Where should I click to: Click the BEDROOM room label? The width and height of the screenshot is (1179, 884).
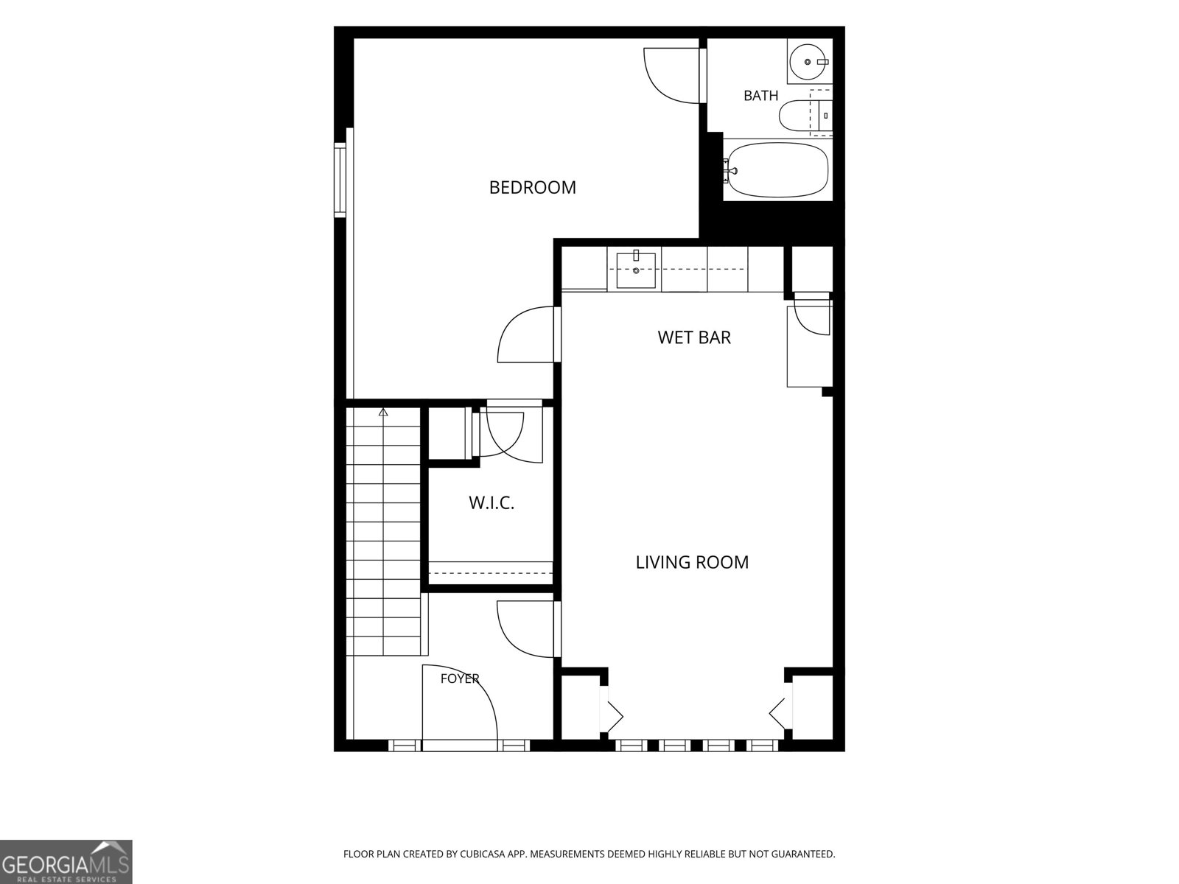pos(532,187)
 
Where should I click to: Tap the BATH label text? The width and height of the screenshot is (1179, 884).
pos(760,96)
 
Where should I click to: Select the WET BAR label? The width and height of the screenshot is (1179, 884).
pos(694,337)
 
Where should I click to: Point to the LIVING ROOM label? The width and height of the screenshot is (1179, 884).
pos(692,562)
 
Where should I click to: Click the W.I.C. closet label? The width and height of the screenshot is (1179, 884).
pos(491,503)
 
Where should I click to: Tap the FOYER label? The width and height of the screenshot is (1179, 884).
pos(460,678)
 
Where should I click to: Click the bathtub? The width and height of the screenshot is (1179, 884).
pos(776,169)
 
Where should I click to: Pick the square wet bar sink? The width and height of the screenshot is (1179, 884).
pos(636,270)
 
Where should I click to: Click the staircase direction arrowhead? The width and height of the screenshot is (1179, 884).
pos(383,413)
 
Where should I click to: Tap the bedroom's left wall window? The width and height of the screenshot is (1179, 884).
pos(340,180)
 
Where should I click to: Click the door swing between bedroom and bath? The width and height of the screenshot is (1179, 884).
pos(671,76)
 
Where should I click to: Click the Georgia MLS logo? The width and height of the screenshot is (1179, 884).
pos(66,861)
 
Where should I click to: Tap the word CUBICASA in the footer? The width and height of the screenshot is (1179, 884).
pos(483,854)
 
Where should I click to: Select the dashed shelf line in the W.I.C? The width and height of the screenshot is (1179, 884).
pos(491,572)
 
